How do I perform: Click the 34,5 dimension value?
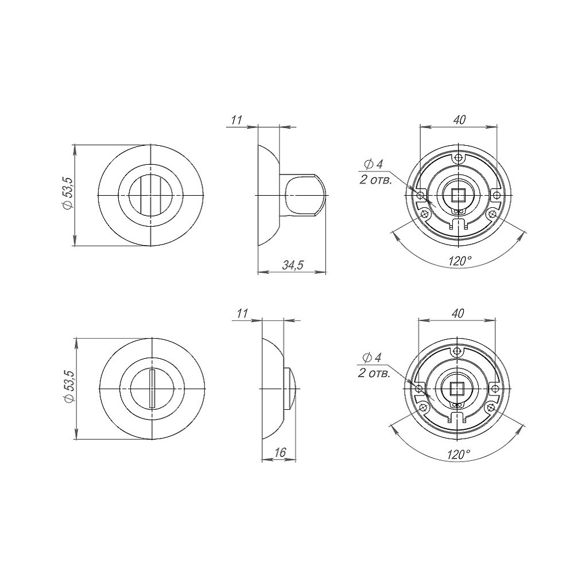coord(293,265)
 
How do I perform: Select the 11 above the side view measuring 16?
coord(242,313)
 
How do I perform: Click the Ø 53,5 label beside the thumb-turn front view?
coord(68,195)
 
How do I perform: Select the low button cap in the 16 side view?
coord(291,389)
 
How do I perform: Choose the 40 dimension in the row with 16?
coord(457,313)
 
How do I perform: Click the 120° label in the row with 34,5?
coord(460,261)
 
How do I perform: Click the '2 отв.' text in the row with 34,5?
coord(376,179)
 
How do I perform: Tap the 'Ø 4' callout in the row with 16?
coord(373,358)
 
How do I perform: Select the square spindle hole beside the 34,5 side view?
coord(457,196)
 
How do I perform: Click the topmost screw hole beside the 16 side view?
coord(456,351)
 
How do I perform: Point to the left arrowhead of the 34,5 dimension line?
coord(259,272)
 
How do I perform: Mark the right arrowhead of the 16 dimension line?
coord(295,459)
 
